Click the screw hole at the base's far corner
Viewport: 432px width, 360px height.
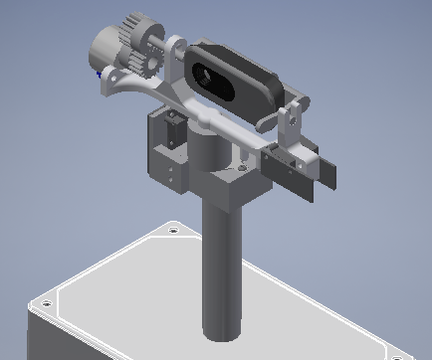(174, 231)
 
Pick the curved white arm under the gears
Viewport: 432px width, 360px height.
(129, 87)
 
